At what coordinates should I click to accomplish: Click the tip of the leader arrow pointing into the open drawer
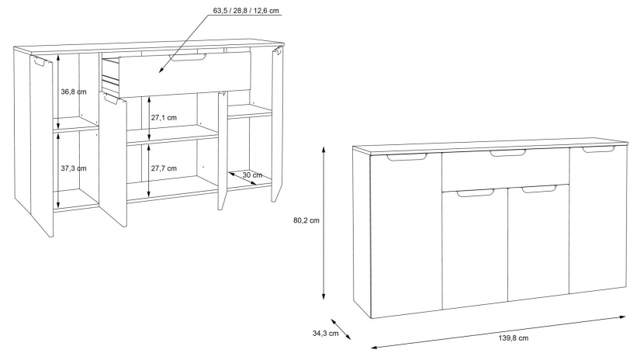(160, 73)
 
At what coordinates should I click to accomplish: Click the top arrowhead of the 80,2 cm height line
(323, 146)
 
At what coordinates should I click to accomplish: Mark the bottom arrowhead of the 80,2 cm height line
(323, 300)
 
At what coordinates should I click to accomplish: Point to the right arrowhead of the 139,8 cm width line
(626, 316)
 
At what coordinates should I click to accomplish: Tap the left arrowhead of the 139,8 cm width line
(371, 348)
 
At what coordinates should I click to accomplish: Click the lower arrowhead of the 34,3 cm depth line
(351, 340)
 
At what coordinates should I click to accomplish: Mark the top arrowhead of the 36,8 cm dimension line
(58, 54)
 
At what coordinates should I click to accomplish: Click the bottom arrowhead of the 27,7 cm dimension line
(149, 196)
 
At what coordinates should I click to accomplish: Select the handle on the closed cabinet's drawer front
(508, 153)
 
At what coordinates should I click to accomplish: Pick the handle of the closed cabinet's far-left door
(406, 157)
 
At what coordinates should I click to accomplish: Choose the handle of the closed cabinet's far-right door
(598, 150)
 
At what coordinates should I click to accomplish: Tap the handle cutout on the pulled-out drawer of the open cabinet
(188, 58)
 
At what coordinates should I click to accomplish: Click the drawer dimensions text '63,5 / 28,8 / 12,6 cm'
(246, 11)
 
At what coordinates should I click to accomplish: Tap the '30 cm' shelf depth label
(252, 175)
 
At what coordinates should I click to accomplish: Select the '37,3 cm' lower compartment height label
(74, 168)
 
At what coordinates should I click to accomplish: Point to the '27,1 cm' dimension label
(164, 118)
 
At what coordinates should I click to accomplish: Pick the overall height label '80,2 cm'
(306, 220)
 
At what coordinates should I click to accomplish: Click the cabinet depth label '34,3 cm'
(326, 333)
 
